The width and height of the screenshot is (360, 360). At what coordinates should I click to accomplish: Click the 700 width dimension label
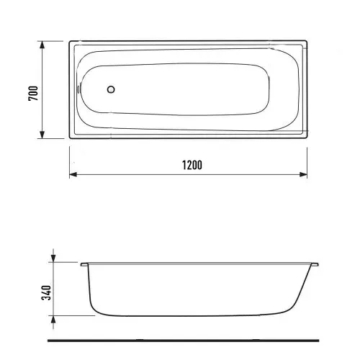(x=33, y=93)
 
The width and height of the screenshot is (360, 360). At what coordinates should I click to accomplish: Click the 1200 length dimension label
(x=192, y=165)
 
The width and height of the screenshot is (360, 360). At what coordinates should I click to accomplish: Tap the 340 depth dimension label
(x=46, y=292)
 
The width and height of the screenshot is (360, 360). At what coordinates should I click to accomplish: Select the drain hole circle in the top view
(x=111, y=89)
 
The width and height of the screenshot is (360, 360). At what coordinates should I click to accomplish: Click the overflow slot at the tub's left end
(x=78, y=89)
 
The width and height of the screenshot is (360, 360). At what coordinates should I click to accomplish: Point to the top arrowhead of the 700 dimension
(x=42, y=45)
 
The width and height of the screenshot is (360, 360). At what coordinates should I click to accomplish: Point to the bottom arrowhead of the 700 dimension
(x=42, y=135)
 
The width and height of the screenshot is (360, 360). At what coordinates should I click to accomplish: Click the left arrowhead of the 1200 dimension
(x=73, y=174)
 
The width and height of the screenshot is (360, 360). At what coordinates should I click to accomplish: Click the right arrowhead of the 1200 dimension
(x=304, y=174)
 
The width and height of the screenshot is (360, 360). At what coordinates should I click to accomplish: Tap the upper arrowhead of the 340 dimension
(x=53, y=258)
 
